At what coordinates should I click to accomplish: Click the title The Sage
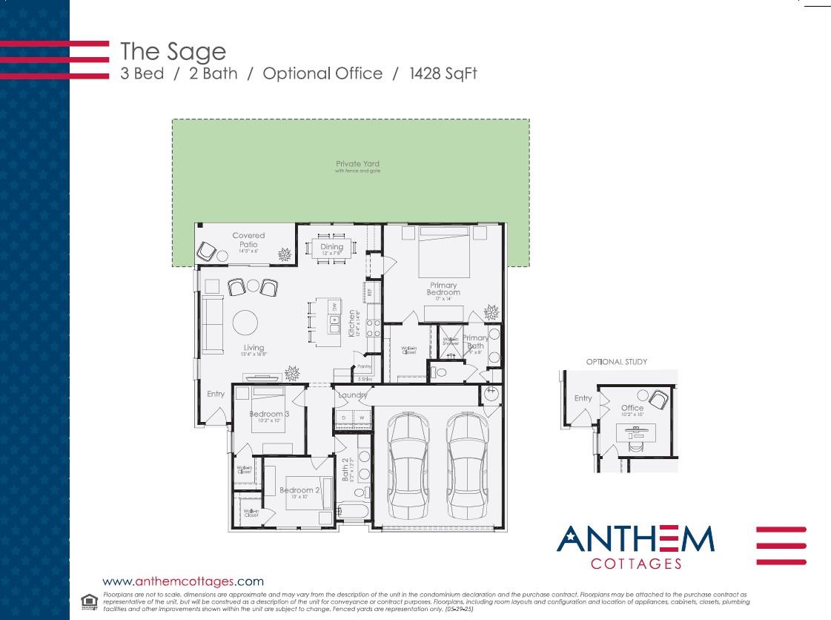tap(173, 51)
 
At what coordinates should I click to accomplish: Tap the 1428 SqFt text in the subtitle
tap(448, 73)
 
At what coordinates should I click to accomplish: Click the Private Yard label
tap(357, 164)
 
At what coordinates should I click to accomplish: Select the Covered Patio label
tap(248, 240)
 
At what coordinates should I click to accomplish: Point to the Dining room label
tap(332, 247)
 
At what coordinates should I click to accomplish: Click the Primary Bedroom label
tap(443, 288)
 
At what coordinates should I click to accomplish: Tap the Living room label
tap(254, 348)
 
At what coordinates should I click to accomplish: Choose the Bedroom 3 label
tap(268, 414)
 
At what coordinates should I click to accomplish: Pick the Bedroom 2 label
tap(299, 490)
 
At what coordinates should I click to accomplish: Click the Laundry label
tap(352, 395)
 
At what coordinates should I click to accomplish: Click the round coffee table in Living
tap(245, 323)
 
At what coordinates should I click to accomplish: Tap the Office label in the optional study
tap(632, 408)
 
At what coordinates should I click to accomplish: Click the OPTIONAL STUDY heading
tap(617, 362)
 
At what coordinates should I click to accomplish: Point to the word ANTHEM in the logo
tap(635, 539)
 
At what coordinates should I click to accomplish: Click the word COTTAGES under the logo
tap(635, 564)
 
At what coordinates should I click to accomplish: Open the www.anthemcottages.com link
tap(182, 581)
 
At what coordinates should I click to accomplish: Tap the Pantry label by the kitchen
tap(363, 367)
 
